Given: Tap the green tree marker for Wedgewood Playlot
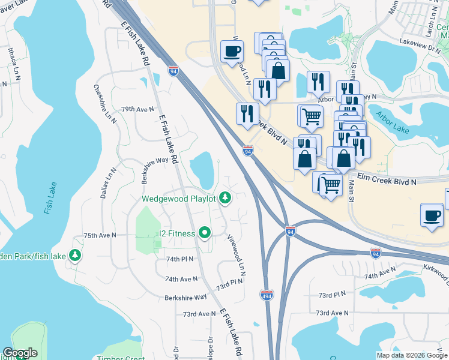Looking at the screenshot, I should coord(225,197).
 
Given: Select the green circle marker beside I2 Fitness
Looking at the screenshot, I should coord(205,233).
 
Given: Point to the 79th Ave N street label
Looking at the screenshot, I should coord(137,110).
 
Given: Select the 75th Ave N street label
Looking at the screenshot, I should coord(98,236).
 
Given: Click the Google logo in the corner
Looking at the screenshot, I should coord(20,353).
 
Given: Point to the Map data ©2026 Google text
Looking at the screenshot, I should coord(412,355).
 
